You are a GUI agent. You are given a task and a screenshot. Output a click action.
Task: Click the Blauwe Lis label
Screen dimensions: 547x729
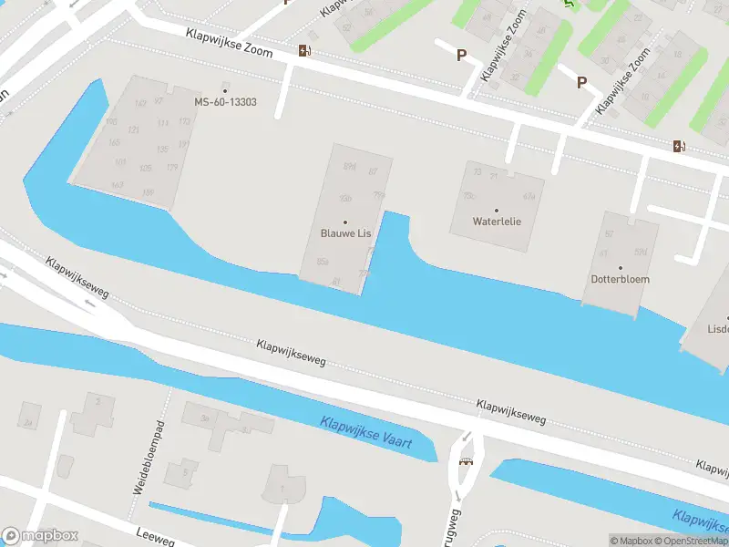345,233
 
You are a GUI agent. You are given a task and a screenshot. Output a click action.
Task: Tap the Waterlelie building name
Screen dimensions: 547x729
497,222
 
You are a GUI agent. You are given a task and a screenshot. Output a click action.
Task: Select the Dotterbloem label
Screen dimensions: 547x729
620,279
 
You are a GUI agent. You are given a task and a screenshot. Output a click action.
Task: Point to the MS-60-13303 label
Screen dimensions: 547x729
225,102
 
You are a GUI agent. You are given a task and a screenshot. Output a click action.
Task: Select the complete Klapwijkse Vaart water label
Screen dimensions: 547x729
366,433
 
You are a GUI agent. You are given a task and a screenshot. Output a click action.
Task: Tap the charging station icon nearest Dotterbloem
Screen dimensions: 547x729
679,146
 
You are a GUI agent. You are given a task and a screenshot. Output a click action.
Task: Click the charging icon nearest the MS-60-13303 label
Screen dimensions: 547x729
304,50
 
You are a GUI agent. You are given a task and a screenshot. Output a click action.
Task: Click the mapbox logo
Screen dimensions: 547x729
40,536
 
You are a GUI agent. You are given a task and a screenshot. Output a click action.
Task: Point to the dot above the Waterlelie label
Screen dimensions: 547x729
497,210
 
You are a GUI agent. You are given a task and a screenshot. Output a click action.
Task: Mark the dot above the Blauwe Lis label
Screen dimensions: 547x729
345,222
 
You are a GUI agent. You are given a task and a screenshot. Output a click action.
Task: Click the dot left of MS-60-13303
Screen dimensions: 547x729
225,90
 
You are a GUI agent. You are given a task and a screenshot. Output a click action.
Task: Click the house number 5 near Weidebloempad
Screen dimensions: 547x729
185,472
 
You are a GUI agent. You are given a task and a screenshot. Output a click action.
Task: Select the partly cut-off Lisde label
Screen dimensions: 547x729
718,328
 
